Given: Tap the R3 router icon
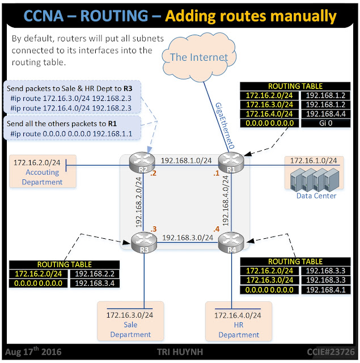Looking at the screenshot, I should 142,243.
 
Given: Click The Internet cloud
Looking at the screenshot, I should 199,56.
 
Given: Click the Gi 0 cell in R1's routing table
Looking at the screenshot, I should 321,123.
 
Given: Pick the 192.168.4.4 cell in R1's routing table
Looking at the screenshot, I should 321,113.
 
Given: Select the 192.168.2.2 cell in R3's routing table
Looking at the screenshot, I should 95,274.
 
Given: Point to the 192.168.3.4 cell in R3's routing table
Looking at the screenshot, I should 95,283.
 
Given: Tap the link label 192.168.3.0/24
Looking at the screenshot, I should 188,237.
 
